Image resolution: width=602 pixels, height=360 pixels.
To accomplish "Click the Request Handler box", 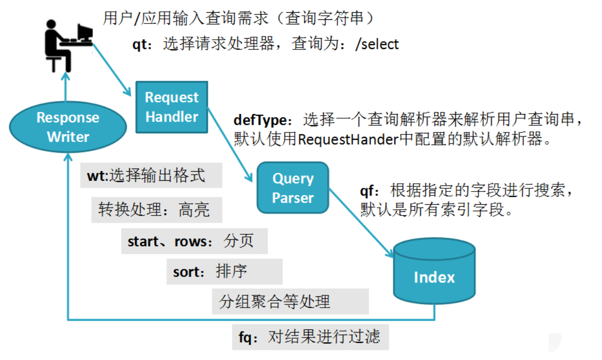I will point(171,107).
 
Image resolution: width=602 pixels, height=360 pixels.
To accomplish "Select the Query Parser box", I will point(293,188).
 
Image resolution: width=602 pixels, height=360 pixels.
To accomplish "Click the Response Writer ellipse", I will point(68,127).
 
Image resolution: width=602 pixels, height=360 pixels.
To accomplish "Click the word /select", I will point(377,45).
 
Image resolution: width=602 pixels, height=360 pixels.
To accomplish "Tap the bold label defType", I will point(260,121).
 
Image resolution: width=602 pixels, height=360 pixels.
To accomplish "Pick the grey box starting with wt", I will point(151,176).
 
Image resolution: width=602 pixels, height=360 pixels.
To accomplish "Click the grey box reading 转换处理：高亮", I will point(157,210).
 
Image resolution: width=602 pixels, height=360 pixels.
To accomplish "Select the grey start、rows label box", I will point(194,241).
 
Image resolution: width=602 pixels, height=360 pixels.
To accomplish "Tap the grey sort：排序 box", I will point(224,271).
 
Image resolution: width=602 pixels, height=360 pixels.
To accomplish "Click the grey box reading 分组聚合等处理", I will point(290,301).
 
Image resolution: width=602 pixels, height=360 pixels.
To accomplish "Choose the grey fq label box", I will point(310,337).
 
